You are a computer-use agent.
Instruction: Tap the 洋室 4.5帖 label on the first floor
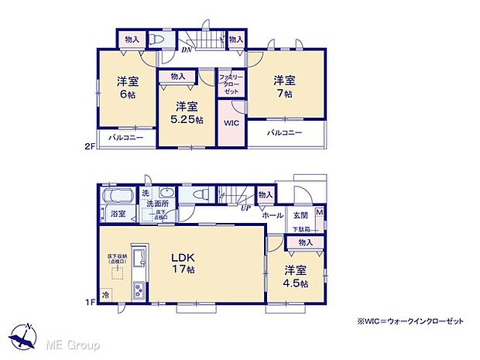[294, 277]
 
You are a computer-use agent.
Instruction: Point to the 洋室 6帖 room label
[128, 87]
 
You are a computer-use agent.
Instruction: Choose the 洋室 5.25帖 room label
[188, 113]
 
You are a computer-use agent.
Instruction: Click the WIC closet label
[231, 123]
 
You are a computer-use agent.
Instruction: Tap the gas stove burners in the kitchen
[137, 290]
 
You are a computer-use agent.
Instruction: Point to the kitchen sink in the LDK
[137, 259]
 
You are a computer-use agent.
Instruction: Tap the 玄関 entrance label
[300, 216]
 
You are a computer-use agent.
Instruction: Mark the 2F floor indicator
[91, 145]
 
